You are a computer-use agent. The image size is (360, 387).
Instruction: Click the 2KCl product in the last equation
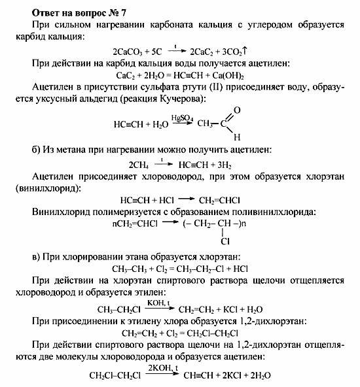point(236,376)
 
